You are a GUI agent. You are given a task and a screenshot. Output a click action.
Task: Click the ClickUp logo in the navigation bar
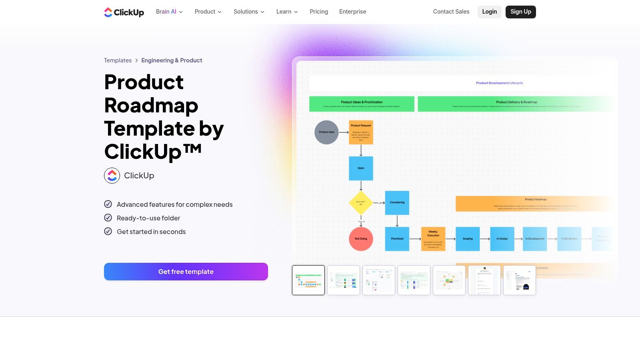(x=124, y=12)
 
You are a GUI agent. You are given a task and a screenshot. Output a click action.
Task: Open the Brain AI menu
(x=169, y=12)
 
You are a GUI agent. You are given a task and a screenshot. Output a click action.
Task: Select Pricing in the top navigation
(x=319, y=12)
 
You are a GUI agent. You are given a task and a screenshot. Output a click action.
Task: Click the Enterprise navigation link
(x=352, y=12)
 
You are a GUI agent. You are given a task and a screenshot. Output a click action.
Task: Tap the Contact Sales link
(x=451, y=12)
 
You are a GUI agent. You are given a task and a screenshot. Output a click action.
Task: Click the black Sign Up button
(x=520, y=12)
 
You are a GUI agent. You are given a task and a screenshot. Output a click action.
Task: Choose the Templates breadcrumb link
(x=118, y=60)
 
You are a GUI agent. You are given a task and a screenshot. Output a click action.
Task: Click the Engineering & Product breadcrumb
(x=172, y=60)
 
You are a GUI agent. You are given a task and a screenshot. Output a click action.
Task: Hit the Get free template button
(x=186, y=272)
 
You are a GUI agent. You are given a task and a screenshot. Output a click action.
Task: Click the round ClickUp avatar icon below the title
(x=112, y=176)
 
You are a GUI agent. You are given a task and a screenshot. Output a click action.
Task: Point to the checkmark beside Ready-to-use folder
(x=108, y=218)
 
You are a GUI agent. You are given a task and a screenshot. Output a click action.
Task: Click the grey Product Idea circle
(x=326, y=132)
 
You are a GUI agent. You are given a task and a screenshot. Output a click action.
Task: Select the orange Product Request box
(x=361, y=132)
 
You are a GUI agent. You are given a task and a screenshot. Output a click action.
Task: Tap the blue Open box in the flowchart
(x=361, y=168)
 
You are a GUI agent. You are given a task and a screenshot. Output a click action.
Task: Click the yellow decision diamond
(x=361, y=203)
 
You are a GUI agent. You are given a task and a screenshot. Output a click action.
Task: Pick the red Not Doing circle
(x=361, y=239)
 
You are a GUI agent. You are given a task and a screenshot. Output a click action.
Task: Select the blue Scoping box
(x=468, y=239)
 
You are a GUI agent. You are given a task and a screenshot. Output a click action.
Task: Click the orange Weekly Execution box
(x=433, y=239)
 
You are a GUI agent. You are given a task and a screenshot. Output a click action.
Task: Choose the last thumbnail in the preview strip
(x=519, y=280)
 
